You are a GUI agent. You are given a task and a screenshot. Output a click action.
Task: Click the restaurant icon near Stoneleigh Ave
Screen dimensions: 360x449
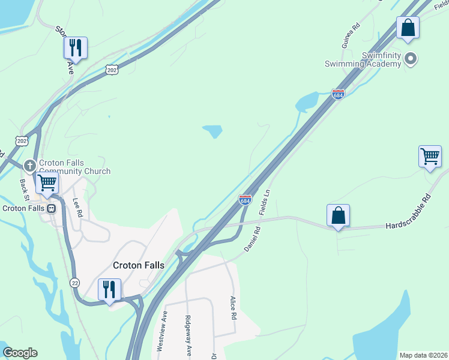[76, 47]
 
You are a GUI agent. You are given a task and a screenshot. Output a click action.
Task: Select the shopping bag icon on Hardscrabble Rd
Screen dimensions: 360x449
[338, 215]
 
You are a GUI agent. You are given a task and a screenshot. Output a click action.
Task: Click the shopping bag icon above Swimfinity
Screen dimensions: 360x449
[408, 28]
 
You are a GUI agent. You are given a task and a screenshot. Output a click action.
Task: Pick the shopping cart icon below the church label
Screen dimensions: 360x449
[47, 182]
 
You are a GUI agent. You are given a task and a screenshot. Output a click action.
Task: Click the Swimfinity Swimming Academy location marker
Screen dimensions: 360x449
[411, 59]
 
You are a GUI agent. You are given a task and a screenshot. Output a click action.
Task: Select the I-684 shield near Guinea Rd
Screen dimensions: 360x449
[338, 94]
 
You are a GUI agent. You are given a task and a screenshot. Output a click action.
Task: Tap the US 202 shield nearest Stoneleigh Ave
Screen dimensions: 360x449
[113, 70]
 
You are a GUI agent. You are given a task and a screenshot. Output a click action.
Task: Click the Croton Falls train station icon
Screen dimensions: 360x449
[52, 209]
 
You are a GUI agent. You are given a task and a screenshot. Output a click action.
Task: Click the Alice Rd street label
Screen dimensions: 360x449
[234, 307]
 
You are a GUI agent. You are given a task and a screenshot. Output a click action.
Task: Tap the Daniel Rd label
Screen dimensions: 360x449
[252, 238]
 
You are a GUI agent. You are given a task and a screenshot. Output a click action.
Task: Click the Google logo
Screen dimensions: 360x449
[20, 353]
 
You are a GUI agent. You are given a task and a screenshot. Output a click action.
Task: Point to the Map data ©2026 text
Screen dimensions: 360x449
[423, 355]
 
